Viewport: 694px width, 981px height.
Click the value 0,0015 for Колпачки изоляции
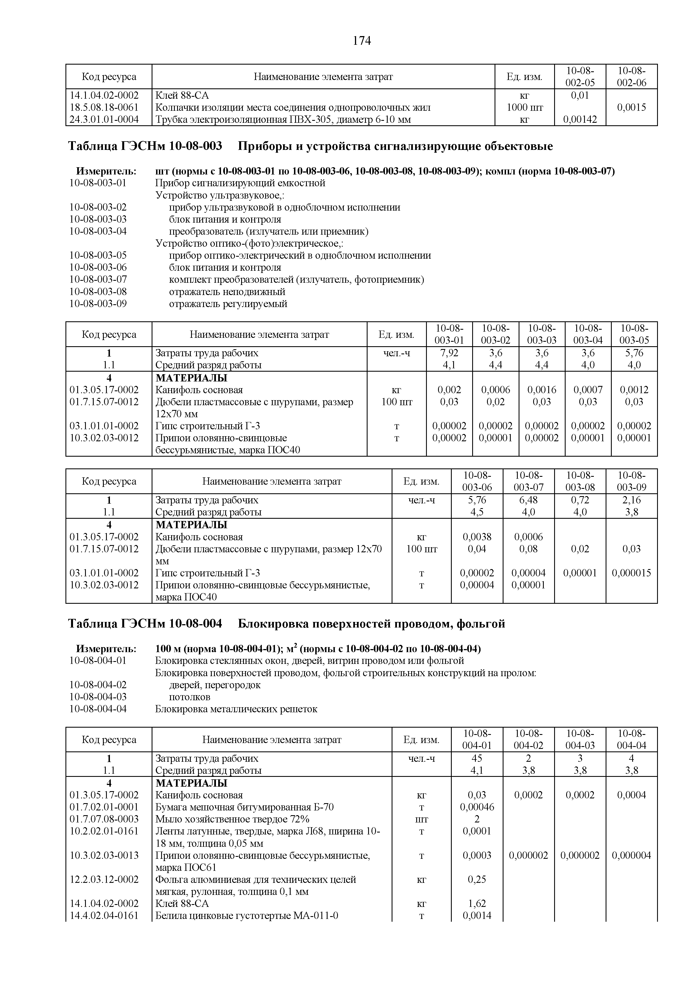pos(631,107)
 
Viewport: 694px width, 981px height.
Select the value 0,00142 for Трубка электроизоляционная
pos(580,120)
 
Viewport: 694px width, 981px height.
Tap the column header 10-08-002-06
pos(631,77)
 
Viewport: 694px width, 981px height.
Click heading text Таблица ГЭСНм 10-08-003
pos(145,147)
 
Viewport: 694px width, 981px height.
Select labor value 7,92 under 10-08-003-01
pos(449,353)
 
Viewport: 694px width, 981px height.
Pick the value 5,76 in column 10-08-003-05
pos(634,353)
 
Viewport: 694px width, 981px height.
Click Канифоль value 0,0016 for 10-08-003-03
pos(542,390)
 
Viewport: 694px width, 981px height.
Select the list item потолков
pos(189,697)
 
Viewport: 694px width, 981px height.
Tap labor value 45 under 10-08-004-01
pos(477,758)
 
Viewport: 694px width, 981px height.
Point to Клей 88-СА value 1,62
pos(477,904)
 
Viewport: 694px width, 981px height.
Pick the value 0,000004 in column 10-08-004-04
pos(631,855)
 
